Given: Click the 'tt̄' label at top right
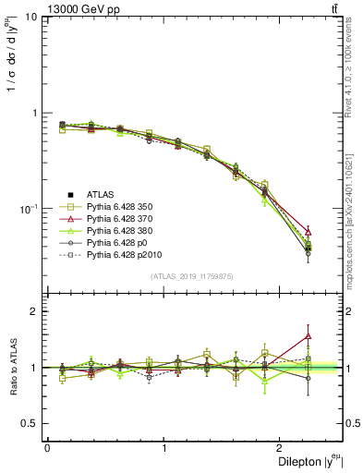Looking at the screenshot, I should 333,9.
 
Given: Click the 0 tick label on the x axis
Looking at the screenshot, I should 47,448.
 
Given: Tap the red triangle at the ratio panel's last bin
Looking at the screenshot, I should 308,336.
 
